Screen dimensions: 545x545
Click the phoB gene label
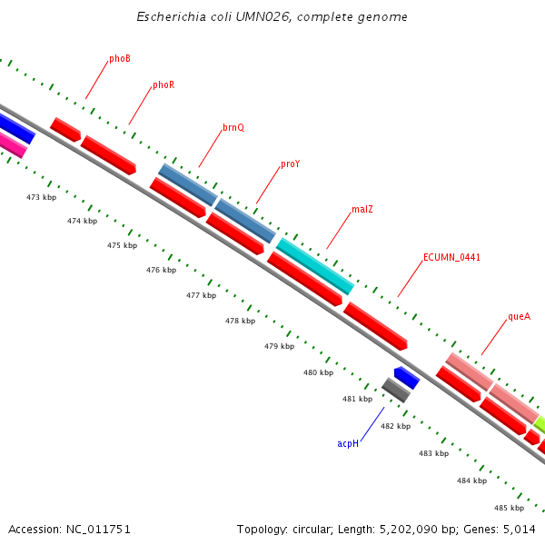click(119, 59)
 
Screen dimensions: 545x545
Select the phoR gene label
click(163, 85)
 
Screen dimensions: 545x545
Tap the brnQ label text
click(233, 128)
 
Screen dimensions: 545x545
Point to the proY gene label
click(290, 164)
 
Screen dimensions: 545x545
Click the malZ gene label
click(362, 210)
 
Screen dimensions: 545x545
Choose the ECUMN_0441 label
click(451, 258)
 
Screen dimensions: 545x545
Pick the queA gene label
click(519, 317)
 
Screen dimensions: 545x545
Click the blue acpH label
click(348, 443)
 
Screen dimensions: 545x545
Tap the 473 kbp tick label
click(41, 197)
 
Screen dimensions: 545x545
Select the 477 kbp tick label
click(201, 295)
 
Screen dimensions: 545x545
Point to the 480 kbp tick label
click(318, 372)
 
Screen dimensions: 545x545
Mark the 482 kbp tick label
click(395, 426)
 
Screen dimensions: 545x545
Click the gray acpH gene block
click(395, 390)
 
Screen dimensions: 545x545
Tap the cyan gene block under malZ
click(314, 265)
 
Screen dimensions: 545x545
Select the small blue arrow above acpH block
click(405, 377)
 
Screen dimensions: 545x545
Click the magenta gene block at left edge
click(12, 144)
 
